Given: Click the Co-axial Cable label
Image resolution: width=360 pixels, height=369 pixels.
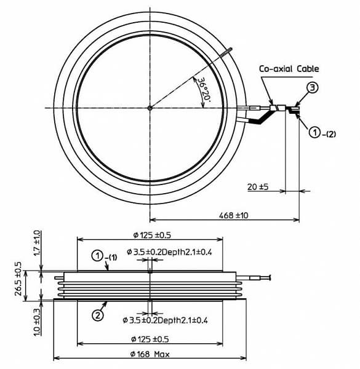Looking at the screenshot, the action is tap(289, 69).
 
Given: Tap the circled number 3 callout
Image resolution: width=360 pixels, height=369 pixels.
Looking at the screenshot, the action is tap(312, 88).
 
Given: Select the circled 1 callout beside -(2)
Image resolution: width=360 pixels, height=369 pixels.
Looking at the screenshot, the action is tap(314, 132).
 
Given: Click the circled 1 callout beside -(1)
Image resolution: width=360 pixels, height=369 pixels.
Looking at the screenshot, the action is tap(97, 256).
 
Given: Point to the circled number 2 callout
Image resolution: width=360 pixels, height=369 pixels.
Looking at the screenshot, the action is tap(97, 315).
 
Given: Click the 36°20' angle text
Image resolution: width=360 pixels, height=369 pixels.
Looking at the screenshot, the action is tap(203, 89).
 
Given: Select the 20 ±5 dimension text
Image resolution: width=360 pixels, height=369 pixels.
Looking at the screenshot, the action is tap(258, 187).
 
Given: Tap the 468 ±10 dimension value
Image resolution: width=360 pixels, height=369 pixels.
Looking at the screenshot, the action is tap(233, 215).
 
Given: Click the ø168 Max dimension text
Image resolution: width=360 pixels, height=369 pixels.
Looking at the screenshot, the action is tap(150, 354).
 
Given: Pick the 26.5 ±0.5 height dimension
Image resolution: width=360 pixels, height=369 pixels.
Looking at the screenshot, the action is tap(18, 279).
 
